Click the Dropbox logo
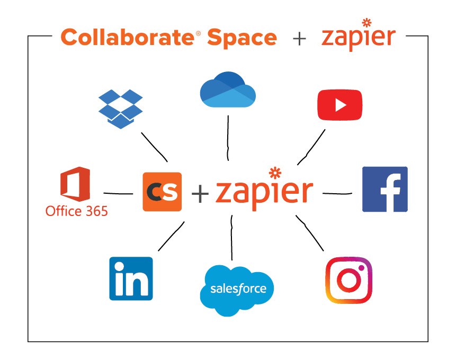pos(121,109)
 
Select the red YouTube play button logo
pos(339,105)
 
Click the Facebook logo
pos(385,189)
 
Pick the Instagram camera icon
pos(348,280)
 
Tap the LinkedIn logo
pos(131,278)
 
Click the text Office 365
pos(76,211)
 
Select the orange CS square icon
pos(162,192)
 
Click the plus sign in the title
pos(299,39)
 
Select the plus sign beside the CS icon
pos(200,194)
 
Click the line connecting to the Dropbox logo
pos(154,146)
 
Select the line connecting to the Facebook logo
pos(337,193)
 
